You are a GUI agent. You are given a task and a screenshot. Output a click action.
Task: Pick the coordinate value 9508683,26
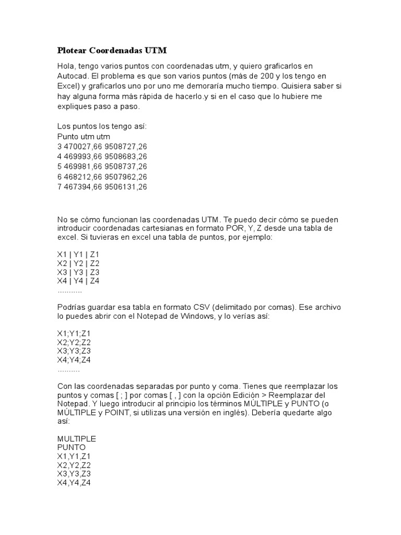126,156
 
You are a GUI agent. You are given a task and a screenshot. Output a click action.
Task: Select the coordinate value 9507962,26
126,177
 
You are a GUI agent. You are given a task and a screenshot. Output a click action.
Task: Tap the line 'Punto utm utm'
84,136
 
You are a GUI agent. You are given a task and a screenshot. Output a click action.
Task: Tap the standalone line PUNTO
72,447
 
